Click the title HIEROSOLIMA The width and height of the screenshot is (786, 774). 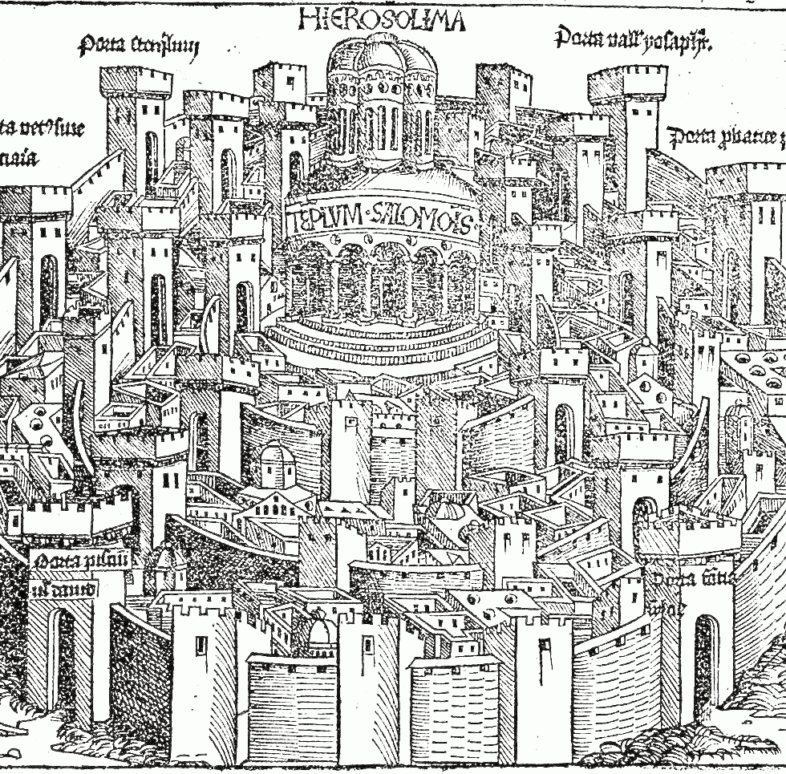(381, 18)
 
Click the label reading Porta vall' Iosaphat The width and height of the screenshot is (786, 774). (633, 38)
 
